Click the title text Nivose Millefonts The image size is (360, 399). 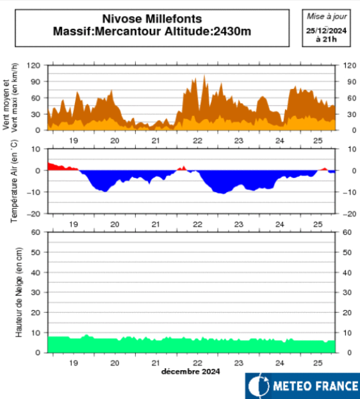tap(152, 19)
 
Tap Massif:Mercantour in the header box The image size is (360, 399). tap(107, 31)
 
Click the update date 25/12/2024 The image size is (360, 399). tap(327, 30)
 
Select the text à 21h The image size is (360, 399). tap(327, 38)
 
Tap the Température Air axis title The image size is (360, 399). tap(14, 181)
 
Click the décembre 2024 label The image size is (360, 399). tap(191, 371)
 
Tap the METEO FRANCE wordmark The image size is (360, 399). tap(311, 386)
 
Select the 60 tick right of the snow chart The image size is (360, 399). tap(350, 232)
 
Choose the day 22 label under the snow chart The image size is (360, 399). tap(198, 362)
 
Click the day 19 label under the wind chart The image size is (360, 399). tap(74, 140)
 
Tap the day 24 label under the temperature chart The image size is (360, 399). tap(280, 224)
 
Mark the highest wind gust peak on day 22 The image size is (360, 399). tap(204, 76)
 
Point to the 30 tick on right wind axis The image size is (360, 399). tap(350, 114)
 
